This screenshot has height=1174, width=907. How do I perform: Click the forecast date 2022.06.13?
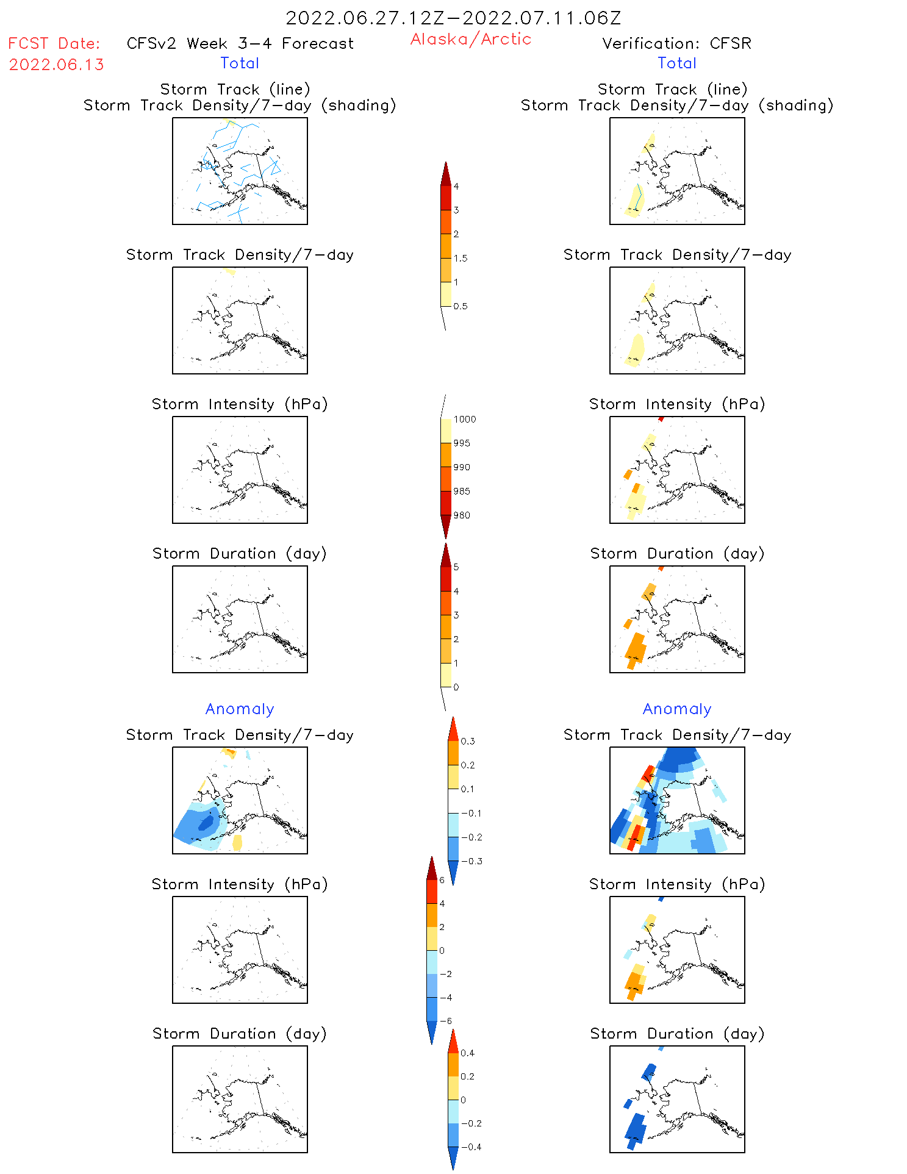[56, 65]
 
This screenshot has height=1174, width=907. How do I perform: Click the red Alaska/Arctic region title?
[470, 39]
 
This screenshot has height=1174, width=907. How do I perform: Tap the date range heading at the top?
[453, 18]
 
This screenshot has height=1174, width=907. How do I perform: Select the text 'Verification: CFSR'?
[676, 43]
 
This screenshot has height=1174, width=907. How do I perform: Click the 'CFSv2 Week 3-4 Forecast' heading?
[240, 43]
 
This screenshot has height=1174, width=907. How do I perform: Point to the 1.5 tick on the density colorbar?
[461, 258]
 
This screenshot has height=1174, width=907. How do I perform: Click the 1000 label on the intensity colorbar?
[465, 419]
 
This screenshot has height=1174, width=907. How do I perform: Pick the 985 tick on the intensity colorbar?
[462, 491]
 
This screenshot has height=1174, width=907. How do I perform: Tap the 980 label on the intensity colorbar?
[462, 515]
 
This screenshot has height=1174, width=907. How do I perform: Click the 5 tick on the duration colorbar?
[456, 567]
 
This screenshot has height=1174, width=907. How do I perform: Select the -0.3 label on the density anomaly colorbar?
[471, 861]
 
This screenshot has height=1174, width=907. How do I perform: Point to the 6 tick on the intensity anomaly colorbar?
[442, 880]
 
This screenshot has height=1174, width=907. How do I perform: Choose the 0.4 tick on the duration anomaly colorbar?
[468, 1053]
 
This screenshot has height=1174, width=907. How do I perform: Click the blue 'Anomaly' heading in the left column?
[240, 709]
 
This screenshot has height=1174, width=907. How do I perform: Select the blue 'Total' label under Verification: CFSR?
[677, 63]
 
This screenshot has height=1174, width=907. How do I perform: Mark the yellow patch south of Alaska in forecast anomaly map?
[237, 842]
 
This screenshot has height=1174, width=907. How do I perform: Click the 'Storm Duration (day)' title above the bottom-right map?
[677, 1034]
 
